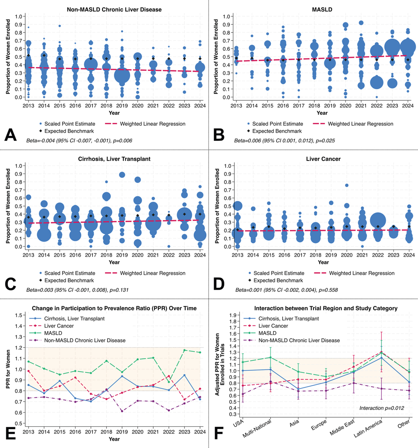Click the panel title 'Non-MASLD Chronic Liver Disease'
(x=114, y=9)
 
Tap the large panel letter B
(x=218, y=134)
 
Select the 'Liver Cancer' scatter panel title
(x=323, y=159)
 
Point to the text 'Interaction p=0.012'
(x=382, y=408)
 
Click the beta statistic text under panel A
(x=79, y=140)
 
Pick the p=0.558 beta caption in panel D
(x=286, y=290)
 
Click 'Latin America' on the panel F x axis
(x=368, y=428)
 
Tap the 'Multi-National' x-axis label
(x=257, y=428)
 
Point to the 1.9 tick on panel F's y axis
(x=232, y=315)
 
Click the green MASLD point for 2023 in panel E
(x=184, y=350)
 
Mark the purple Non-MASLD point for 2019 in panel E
(x=122, y=411)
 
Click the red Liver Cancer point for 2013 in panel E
(x=28, y=371)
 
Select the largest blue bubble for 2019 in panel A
(x=122, y=76)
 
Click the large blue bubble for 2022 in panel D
(x=378, y=220)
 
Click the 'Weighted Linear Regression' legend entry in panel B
(x=353, y=124)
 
